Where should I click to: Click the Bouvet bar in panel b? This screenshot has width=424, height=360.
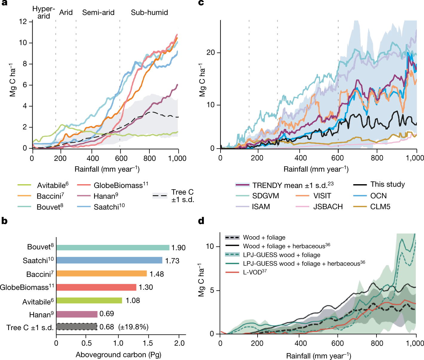113,248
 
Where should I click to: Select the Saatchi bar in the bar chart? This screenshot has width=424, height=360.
109,260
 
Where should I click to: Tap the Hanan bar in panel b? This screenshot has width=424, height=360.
77,314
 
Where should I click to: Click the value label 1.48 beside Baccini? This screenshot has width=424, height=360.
157,274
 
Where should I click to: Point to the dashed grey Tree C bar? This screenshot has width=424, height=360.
76,327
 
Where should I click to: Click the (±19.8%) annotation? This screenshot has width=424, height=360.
133,327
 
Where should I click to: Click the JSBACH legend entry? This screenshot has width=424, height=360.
328,207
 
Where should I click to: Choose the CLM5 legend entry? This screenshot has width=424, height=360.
380,207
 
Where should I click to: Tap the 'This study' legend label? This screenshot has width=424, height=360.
388,184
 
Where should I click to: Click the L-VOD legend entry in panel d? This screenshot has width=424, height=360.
255,272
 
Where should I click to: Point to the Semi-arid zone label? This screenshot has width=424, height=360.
98,13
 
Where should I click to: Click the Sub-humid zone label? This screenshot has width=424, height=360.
149,13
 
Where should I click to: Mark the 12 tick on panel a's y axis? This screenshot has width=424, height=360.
23,22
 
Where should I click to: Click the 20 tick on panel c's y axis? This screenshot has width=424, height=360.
211,53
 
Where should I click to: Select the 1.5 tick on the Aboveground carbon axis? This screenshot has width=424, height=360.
148,343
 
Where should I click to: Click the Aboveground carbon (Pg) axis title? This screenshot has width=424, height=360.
118,355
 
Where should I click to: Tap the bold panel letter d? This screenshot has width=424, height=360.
201,221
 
